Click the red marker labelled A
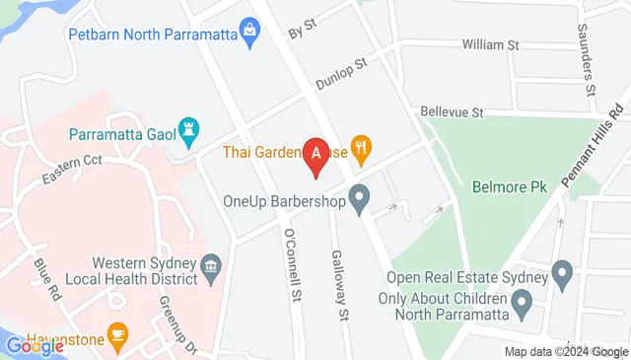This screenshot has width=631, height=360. coord(315,155)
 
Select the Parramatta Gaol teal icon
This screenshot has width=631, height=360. coord(190,128)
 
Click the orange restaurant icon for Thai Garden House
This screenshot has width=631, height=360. coord(362,152)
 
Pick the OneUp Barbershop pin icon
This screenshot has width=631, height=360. coord(360,200)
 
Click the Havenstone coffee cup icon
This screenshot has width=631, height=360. coord(117,336)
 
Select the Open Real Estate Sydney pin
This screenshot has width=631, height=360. coord(562,270)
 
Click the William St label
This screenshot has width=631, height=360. coord(491,45)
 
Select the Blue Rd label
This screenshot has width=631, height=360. coord(45,279)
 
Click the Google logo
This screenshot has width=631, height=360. coord(35,345)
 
